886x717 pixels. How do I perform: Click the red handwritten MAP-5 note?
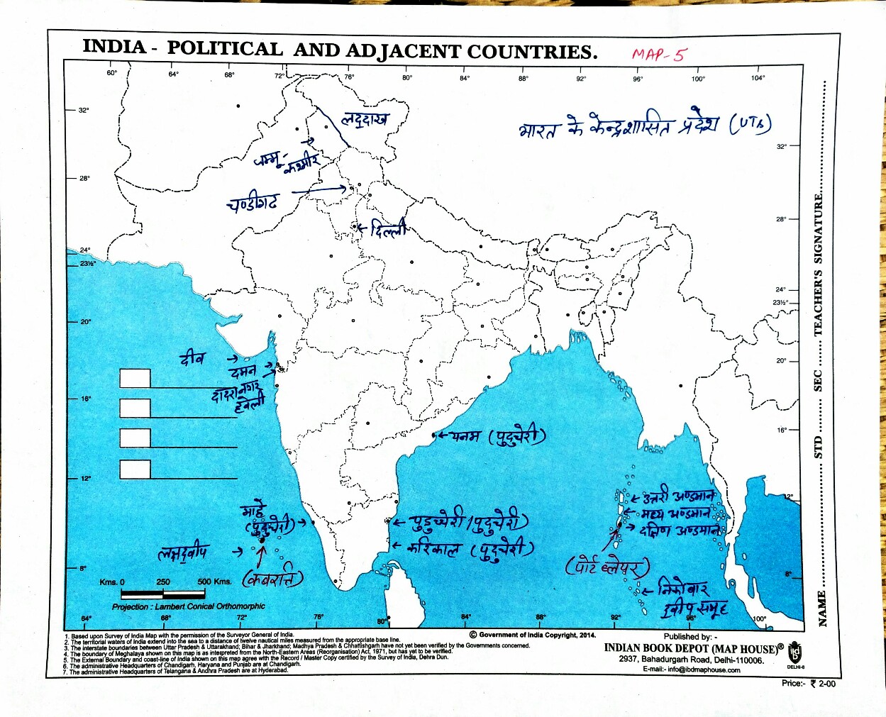point(659,55)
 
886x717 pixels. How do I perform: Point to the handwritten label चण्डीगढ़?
point(253,204)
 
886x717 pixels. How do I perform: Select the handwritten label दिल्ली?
point(388,230)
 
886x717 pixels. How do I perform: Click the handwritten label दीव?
point(192,358)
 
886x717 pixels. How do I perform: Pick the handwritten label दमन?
point(243,372)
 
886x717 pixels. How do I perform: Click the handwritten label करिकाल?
point(433,548)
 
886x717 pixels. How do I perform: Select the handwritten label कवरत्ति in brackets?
point(273,579)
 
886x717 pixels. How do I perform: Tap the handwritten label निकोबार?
point(682,589)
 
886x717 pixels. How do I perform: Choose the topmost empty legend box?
point(135,378)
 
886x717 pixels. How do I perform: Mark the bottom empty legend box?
point(135,469)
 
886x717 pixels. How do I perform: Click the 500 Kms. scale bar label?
point(214,582)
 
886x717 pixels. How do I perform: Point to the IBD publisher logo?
point(794,652)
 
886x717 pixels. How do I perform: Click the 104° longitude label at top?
point(758,78)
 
